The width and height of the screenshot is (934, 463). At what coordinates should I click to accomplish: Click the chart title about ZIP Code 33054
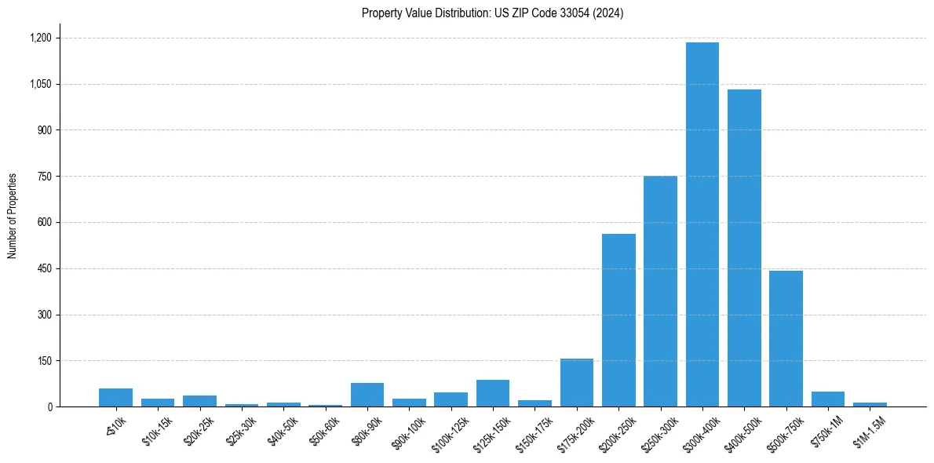492,13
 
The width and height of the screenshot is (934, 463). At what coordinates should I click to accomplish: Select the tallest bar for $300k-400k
702,224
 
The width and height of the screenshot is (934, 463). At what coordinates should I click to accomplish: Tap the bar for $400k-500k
744,248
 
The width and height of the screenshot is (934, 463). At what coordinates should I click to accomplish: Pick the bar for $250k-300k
660,291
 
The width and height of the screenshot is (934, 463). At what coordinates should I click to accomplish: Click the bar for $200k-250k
618,320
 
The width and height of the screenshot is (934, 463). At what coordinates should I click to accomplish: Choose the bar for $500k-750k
786,338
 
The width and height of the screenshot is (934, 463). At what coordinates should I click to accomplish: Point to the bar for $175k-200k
576,382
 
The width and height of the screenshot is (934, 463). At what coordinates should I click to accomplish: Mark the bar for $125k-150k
493,393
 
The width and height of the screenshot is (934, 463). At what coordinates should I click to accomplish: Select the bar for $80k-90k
367,395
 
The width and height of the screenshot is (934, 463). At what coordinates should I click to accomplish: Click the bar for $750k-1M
827,399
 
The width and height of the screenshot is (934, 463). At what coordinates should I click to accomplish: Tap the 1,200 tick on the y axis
40,38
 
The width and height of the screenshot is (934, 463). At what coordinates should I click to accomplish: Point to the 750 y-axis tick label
44,177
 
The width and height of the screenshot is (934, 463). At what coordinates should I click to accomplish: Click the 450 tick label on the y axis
44,268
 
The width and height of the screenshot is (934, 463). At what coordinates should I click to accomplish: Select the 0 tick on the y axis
49,406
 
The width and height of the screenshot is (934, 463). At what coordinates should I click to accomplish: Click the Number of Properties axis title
13,216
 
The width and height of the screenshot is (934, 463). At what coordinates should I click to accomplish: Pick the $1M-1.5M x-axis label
866,429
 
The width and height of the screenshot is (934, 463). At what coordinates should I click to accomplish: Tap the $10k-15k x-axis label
157,429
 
